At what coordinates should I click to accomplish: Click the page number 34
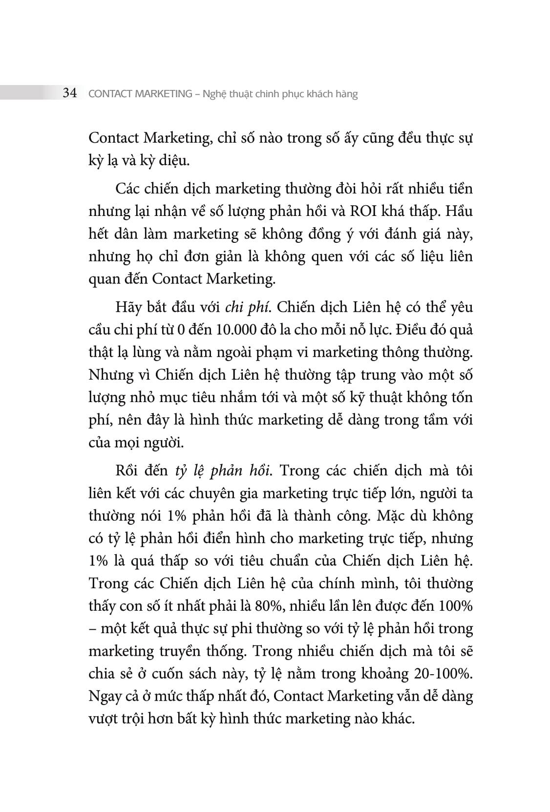pos(70,93)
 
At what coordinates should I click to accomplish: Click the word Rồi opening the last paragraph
pos(127,471)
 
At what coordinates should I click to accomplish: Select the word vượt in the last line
pos(102,719)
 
